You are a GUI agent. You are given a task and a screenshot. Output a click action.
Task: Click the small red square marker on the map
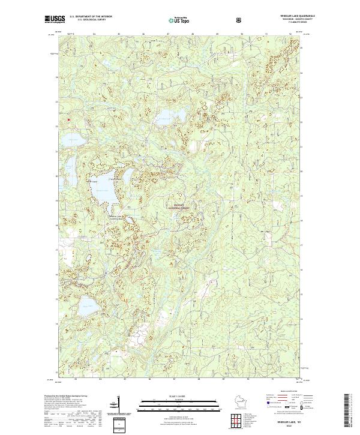pyautogui.click(x=70, y=119)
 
